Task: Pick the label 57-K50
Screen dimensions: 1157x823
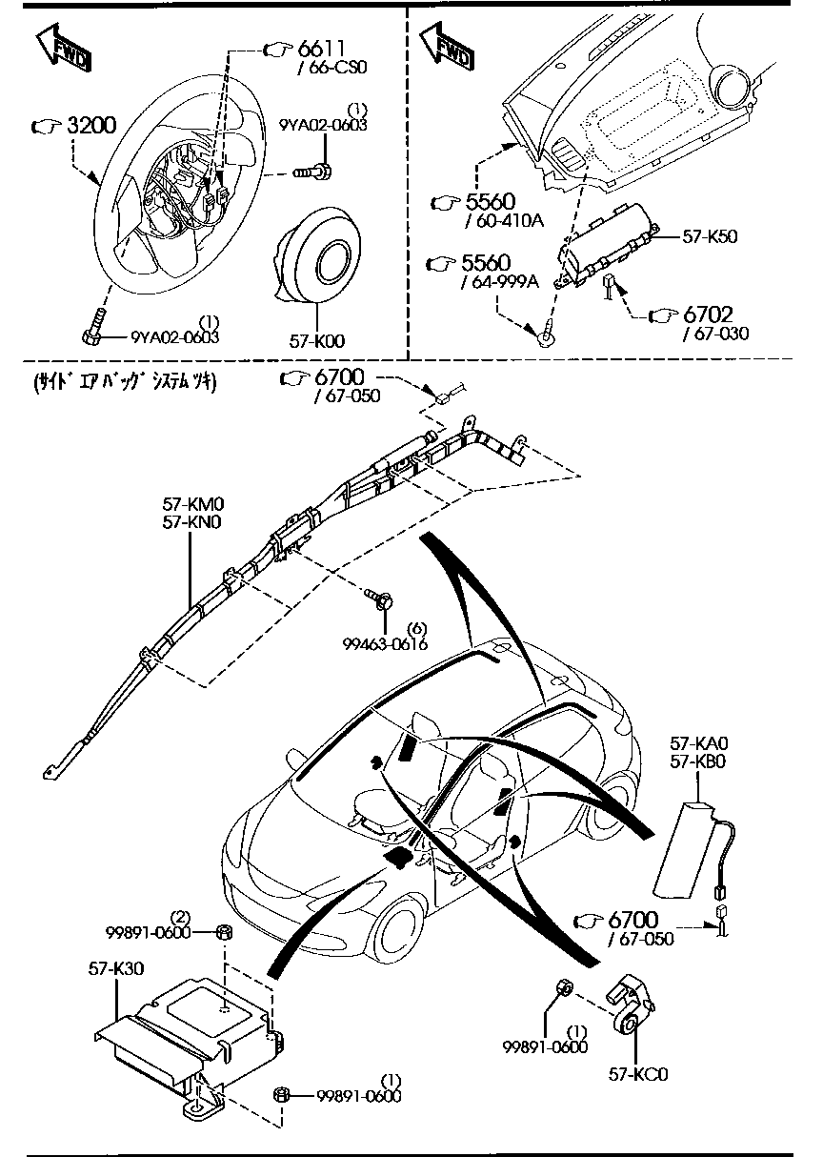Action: [710, 236]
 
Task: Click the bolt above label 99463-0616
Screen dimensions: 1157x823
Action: [380, 599]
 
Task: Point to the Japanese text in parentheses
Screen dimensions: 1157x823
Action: [125, 382]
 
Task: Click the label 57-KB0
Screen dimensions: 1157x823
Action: [698, 761]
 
